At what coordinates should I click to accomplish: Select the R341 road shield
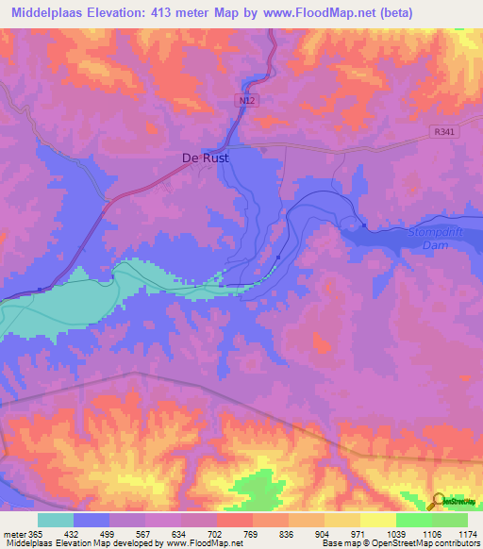[448, 133]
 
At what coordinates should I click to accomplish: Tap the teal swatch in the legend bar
[55, 520]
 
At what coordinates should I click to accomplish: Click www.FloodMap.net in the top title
[336, 12]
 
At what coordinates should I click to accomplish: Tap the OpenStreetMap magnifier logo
[438, 502]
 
